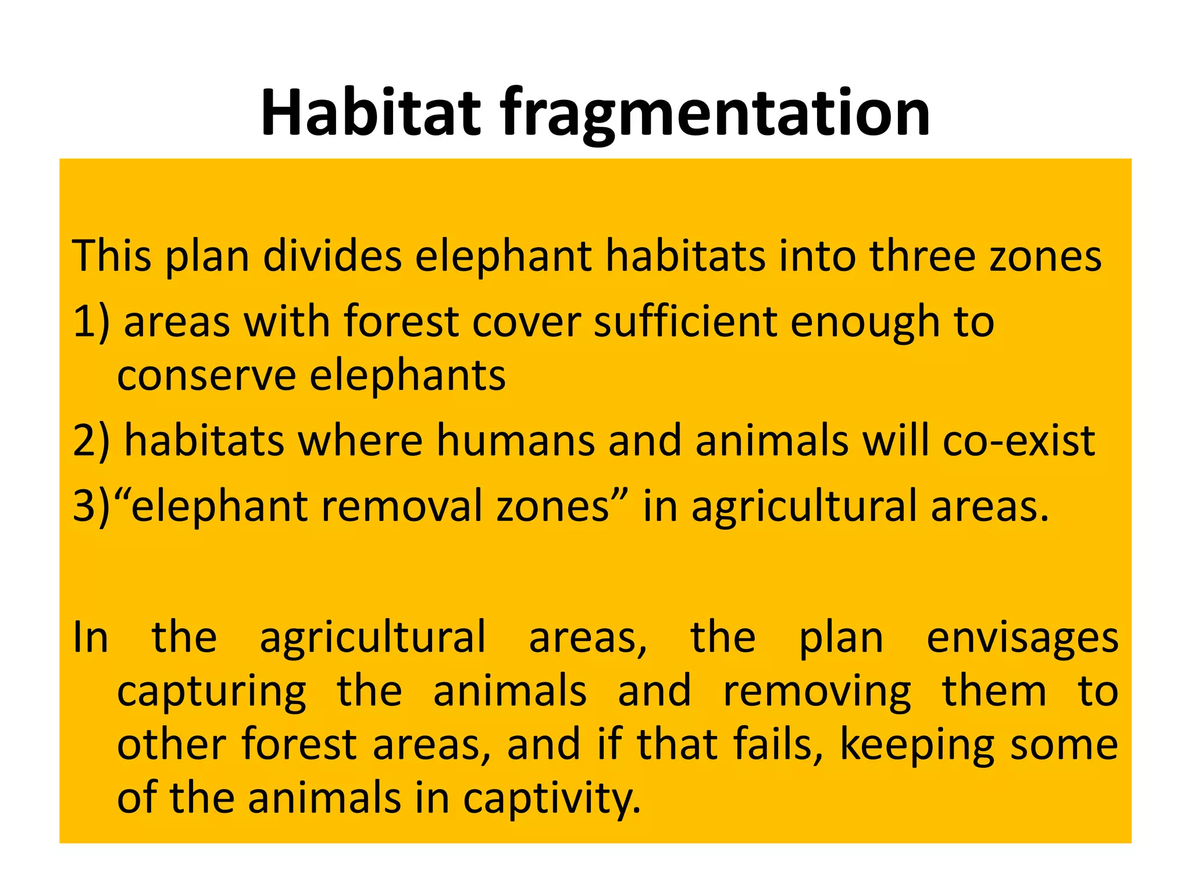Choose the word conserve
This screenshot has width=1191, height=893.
coord(206,376)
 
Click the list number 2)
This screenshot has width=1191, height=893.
coord(91,441)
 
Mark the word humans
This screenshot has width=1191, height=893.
coord(515,441)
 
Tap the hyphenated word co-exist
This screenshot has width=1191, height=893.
coord(1018,441)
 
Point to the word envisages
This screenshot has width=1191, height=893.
coord(1022,638)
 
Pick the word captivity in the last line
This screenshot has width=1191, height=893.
coord(552,799)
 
